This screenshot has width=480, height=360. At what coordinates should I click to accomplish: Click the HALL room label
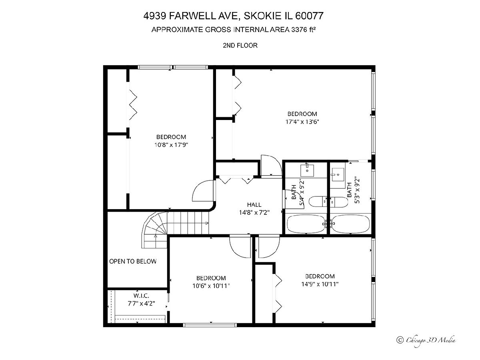click(254, 204)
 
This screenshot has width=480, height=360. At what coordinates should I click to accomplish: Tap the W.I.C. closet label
click(141, 296)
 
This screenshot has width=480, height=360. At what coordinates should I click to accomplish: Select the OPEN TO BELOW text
click(133, 261)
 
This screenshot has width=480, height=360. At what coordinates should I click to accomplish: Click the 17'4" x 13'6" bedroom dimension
click(302, 122)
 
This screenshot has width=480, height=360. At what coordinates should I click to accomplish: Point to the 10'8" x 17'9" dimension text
click(171, 145)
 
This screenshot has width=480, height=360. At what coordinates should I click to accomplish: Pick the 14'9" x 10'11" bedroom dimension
click(320, 284)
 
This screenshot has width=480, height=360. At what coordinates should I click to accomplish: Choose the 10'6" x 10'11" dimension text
click(211, 286)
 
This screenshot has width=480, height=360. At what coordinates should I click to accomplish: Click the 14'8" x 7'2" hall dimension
click(254, 212)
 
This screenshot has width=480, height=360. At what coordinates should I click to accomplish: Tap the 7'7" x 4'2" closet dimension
click(141, 303)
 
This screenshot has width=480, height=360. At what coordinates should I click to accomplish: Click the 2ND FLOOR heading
click(240, 46)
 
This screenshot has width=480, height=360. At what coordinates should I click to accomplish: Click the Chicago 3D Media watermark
click(426, 340)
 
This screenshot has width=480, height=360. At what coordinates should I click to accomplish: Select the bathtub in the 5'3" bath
click(350, 224)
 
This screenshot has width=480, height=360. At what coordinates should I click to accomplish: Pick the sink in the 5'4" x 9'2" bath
click(307, 171)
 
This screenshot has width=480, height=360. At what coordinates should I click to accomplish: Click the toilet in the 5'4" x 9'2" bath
click(318, 202)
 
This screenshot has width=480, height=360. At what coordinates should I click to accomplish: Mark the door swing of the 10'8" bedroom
click(202, 191)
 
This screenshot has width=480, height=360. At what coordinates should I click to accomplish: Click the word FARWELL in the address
click(203, 16)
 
